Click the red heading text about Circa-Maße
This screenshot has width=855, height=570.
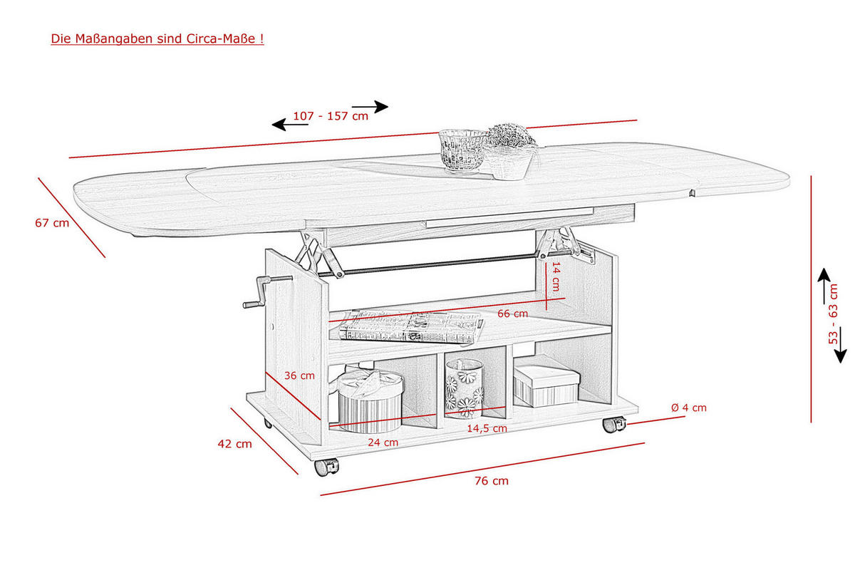[157, 38]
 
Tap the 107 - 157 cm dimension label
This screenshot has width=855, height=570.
[331, 116]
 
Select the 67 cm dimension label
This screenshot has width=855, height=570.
[52, 223]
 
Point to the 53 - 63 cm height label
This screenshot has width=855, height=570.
[833, 313]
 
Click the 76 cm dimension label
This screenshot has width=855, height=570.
[492, 481]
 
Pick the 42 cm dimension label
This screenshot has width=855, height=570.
[234, 444]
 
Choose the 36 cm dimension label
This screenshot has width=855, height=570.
[300, 375]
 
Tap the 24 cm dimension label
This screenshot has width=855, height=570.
[383, 442]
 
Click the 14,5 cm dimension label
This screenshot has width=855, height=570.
[487, 428]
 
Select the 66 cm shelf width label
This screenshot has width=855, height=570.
[512, 313]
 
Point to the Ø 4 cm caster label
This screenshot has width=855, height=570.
[689, 408]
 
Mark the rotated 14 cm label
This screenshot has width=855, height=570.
[556, 276]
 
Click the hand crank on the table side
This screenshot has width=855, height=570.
[267, 291]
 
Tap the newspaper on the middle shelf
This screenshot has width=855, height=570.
[412, 327]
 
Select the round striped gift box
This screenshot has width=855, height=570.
[370, 401]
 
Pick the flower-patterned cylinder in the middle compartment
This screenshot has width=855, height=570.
[465, 388]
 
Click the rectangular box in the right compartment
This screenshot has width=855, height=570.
[546, 385]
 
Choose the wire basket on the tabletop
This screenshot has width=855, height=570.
[462, 151]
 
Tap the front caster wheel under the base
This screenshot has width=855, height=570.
[327, 467]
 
